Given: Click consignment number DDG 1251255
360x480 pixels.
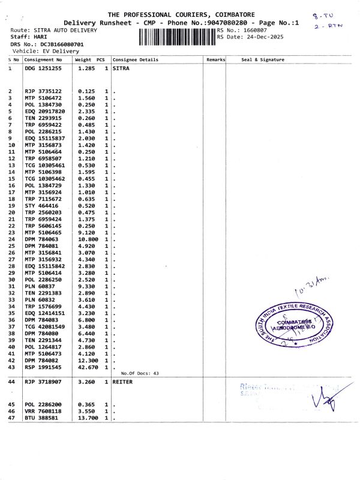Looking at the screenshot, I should tap(43, 69).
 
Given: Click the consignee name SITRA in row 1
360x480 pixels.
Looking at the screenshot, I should tap(121, 69).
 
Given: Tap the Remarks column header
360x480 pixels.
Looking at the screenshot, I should tap(215, 60).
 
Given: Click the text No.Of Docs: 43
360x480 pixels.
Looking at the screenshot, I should tap(139, 374).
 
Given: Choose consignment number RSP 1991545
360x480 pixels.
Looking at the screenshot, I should tap(43, 367).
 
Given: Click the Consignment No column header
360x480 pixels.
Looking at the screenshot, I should tap(43, 60).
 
